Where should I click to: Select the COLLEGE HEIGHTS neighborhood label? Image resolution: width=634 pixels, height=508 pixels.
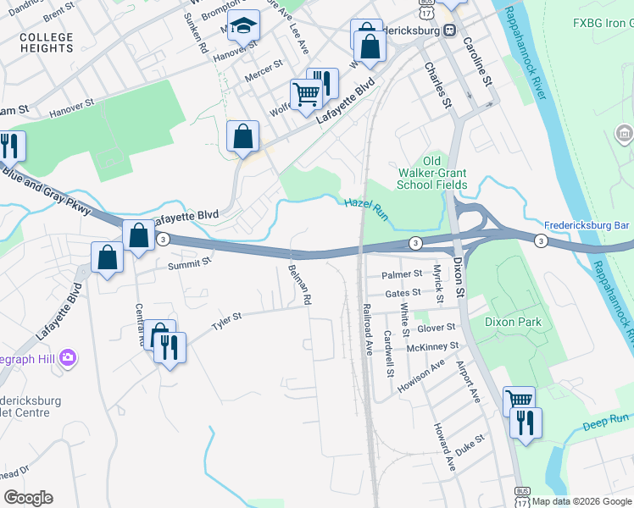coord(46,42)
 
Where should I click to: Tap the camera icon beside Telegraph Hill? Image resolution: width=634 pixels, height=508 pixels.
coord(68,358)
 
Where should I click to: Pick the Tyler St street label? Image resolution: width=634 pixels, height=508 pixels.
coord(226,321)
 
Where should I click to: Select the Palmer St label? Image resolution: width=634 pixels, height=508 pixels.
coord(402,274)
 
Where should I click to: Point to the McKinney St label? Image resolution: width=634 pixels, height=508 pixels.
coord(432,346)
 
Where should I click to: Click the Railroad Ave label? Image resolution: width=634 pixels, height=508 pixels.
coord(368,329)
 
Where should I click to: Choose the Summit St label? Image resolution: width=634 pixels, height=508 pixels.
coord(188,262)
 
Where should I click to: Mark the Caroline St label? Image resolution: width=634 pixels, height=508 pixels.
coord(478,64)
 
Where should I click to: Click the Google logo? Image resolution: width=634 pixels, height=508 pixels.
coord(28,498)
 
